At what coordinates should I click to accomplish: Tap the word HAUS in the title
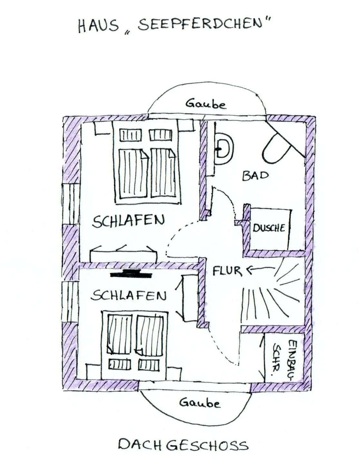point(98,26)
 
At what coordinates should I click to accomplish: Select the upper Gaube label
point(206,104)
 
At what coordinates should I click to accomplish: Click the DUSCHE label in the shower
point(269,228)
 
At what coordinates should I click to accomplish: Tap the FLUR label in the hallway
point(227,271)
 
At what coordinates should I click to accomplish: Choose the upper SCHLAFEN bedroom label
point(128,221)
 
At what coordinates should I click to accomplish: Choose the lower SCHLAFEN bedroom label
point(128,295)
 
